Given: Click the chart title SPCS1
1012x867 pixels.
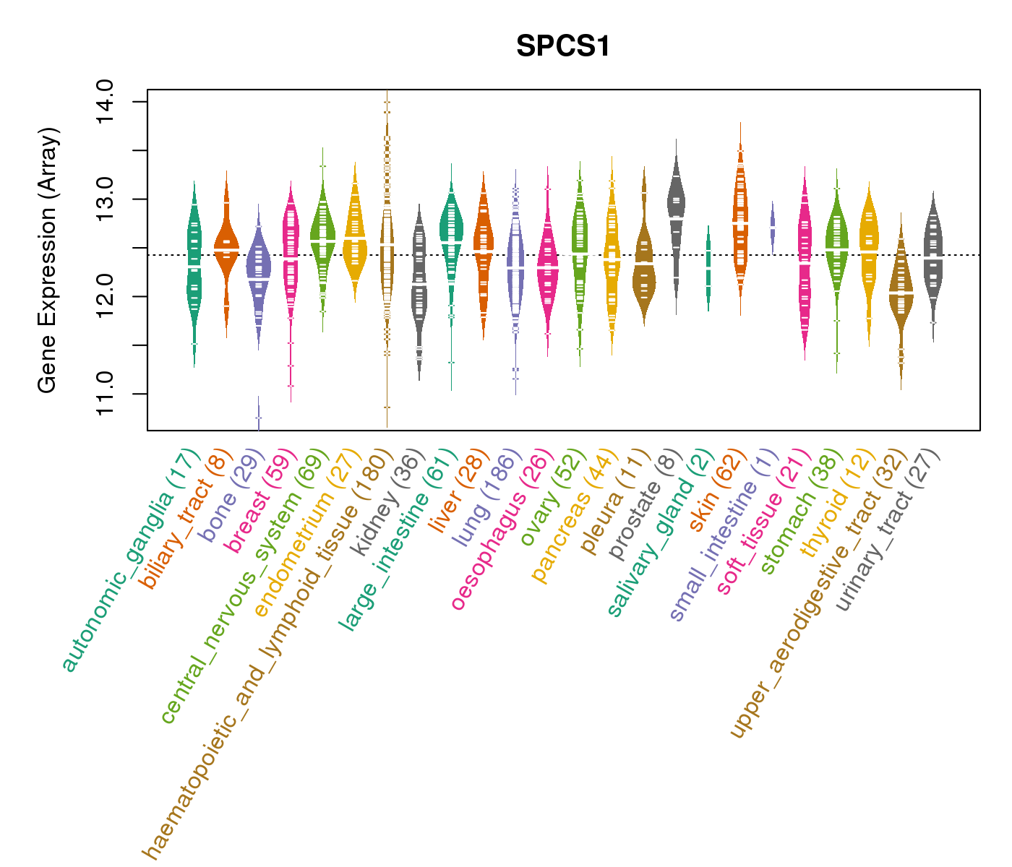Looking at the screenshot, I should [x=563, y=46].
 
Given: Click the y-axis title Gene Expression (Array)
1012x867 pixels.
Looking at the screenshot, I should [x=47, y=260].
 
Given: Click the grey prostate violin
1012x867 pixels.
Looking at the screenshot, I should [x=677, y=217].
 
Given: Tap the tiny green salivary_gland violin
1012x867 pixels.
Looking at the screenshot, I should [x=708, y=267].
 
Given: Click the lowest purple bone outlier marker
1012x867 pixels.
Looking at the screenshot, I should [x=258, y=418].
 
